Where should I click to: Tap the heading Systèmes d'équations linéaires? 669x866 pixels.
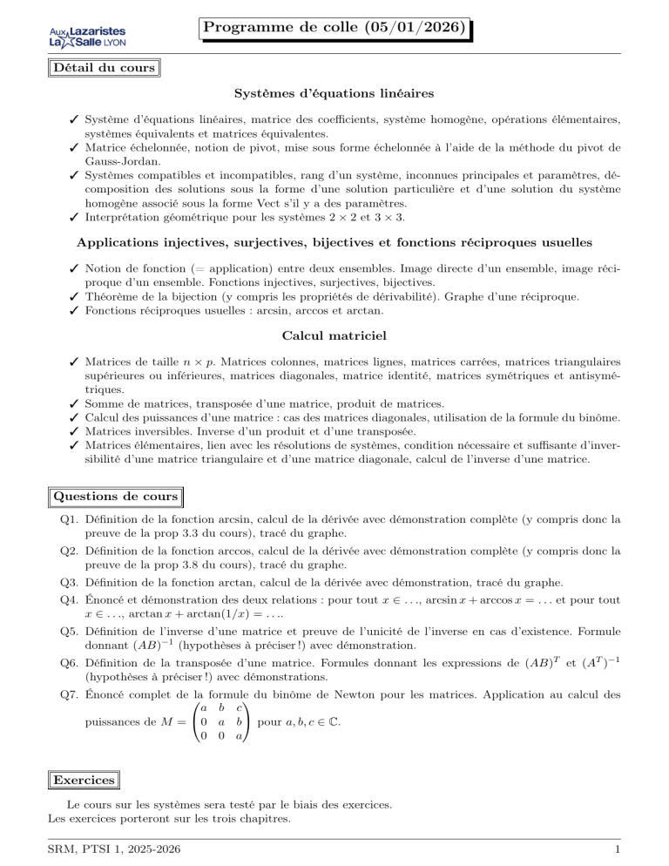(334, 92)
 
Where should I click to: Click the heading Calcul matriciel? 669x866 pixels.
(334, 335)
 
